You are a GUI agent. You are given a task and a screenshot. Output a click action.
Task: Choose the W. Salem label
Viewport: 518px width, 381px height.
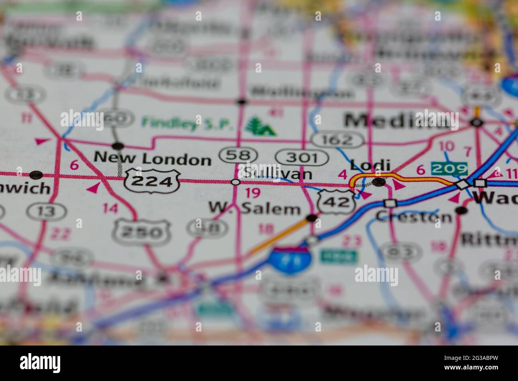coord(255,208)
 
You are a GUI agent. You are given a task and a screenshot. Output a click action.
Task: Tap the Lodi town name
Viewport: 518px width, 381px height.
coord(364,165)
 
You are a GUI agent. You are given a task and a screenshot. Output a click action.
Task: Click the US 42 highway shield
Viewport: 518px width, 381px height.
coord(336,201)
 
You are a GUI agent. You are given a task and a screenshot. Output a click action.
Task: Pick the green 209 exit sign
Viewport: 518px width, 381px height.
coord(449,169)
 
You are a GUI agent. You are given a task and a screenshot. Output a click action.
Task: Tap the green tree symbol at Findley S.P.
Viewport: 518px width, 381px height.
coord(260,126)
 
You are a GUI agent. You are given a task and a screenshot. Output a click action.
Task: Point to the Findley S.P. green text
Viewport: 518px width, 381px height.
coord(187,123)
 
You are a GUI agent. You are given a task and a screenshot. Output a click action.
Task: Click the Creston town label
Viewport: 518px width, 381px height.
coord(414,217)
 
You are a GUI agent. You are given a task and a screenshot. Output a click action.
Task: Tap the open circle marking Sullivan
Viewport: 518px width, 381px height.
coord(235,182)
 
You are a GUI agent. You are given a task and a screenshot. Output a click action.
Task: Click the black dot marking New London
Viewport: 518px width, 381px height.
coord(118,145)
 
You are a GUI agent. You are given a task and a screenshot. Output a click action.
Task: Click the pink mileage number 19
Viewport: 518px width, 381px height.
coord(253,193)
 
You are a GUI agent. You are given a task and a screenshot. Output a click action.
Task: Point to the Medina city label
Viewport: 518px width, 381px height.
coord(396,120)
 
